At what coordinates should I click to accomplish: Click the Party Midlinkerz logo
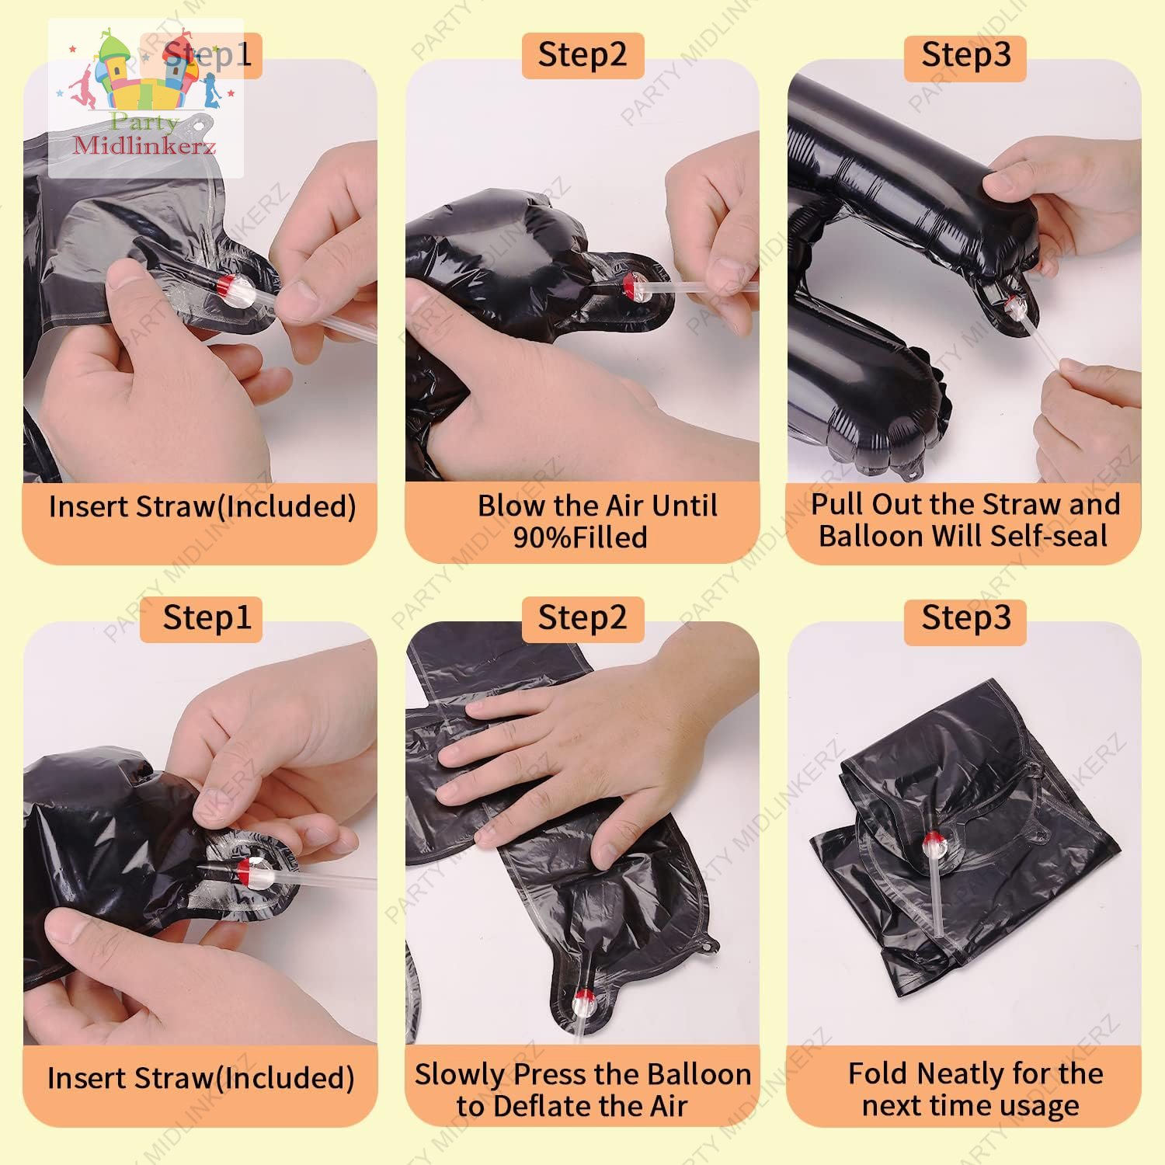tap(146, 99)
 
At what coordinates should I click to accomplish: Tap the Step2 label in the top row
tap(582, 55)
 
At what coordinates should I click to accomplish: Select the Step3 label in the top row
tap(965, 55)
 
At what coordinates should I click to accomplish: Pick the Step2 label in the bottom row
tap(582, 619)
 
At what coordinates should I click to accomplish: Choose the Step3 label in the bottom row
tap(965, 619)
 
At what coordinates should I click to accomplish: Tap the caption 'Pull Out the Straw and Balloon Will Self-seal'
tap(965, 520)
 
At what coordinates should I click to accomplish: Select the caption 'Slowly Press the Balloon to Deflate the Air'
tap(582, 1090)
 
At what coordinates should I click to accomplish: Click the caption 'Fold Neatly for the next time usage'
tap(974, 1089)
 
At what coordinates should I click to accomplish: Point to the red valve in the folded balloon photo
tap(932, 840)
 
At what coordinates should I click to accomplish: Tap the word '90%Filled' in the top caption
tap(580, 537)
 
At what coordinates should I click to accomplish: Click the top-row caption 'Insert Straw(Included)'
tap(202, 506)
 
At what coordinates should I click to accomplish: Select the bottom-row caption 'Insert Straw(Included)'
tap(200, 1078)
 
